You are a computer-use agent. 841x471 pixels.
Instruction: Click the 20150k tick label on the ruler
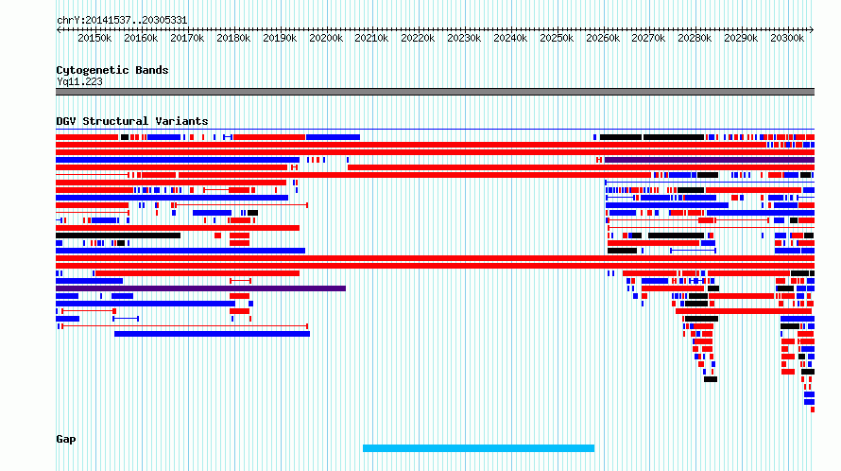coord(94,38)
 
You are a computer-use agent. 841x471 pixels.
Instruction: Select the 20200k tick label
coord(326,38)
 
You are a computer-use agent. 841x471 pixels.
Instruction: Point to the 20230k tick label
coord(464,38)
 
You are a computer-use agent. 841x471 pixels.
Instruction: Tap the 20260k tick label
coord(603,38)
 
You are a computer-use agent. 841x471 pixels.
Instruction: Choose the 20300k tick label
coord(787,38)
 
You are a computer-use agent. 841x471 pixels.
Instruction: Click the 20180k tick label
coord(233,38)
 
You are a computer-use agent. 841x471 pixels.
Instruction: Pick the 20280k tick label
coord(695,38)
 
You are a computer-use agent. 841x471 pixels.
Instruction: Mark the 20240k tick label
coord(510,38)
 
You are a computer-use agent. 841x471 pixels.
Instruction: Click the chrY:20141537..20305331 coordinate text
coord(122,21)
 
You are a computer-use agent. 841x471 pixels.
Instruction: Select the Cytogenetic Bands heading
coord(112,70)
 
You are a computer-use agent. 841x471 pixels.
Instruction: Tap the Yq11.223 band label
coord(79,81)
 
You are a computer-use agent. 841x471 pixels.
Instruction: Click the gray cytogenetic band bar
coord(435,92)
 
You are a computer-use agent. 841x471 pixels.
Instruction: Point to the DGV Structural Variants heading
coord(132,121)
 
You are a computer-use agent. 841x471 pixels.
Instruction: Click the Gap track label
coord(66,439)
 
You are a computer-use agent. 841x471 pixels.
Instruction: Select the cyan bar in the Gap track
coord(478,448)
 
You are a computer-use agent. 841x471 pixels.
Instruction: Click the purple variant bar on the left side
coord(200,288)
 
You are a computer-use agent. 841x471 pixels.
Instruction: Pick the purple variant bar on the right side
coord(710,160)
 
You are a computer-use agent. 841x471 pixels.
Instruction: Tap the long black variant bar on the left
coord(118,235)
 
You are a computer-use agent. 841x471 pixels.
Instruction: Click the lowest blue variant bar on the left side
coord(212,334)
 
